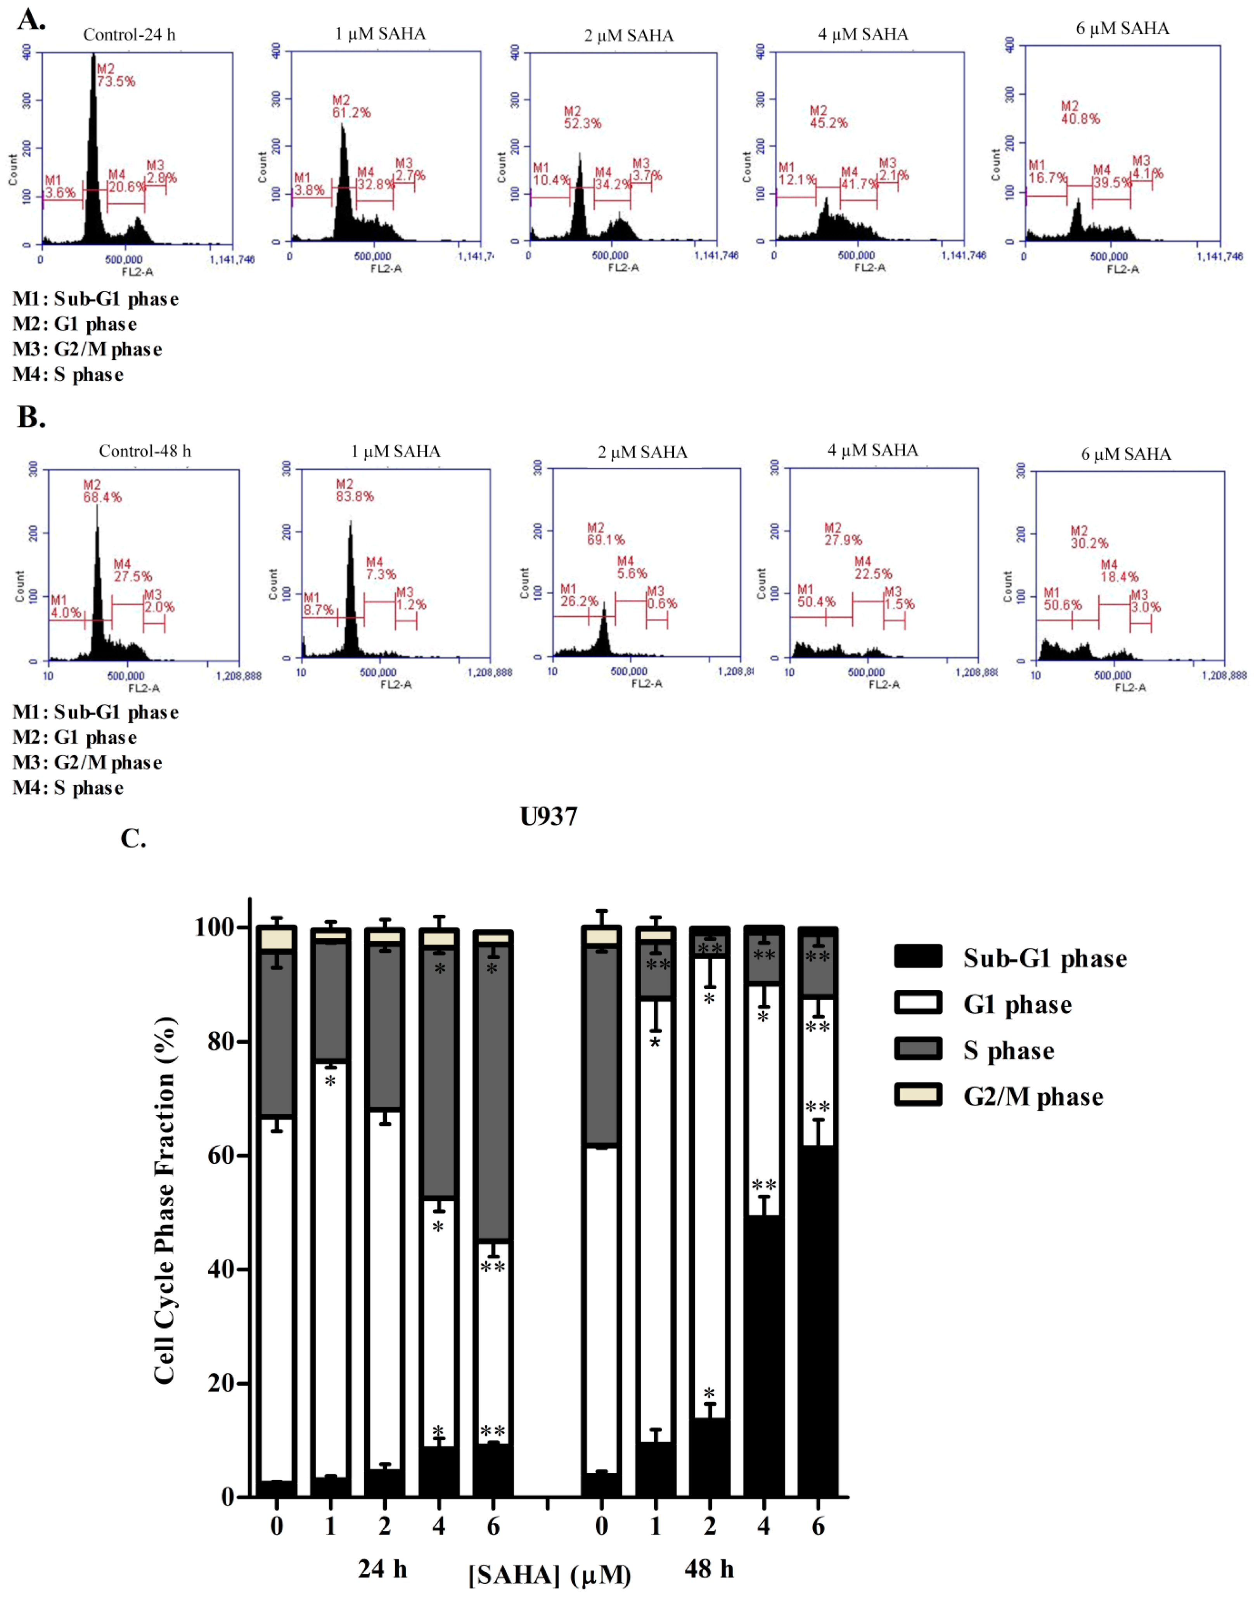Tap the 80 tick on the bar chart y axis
[218, 1042]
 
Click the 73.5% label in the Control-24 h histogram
[116, 81]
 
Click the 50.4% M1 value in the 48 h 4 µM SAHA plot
[817, 602]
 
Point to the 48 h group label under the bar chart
[708, 1568]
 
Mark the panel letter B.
[31, 417]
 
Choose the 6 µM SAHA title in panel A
[1122, 29]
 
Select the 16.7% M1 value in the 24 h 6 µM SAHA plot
[1047, 178]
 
